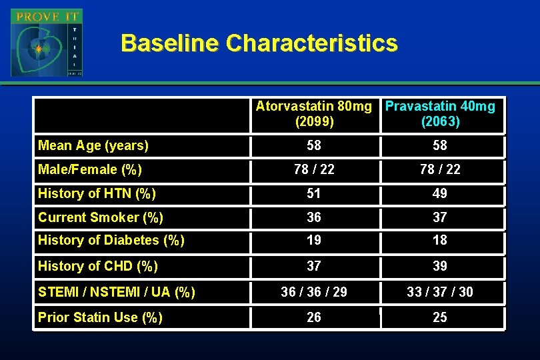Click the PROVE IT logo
click(46, 43)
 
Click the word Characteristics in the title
click(311, 43)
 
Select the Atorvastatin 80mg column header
click(314, 114)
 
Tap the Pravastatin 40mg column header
click(440, 114)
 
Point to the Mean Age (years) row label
click(93, 145)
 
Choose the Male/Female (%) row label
click(90, 169)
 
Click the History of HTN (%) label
click(97, 194)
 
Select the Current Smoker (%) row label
click(101, 217)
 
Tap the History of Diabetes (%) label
click(111, 240)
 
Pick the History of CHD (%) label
click(98, 266)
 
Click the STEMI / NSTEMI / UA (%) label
click(117, 292)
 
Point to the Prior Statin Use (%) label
click(100, 317)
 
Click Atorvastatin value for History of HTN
click(314, 193)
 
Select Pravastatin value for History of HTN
click(440, 193)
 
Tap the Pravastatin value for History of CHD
click(440, 266)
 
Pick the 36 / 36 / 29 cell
click(314, 292)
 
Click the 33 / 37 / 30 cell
click(440, 292)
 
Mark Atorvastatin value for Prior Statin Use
click(314, 317)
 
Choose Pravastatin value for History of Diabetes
click(440, 240)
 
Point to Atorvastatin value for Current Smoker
click(314, 217)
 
